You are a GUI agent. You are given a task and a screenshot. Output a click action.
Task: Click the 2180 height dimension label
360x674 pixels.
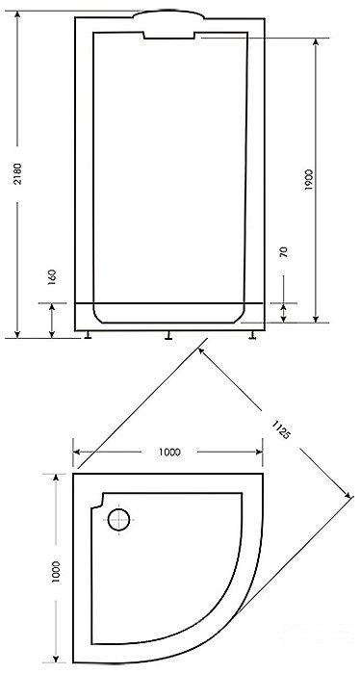pyautogui.click(x=17, y=173)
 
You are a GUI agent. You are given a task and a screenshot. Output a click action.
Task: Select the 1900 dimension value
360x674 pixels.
pyautogui.click(x=310, y=180)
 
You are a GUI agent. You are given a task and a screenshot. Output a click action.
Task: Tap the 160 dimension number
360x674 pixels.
pyautogui.click(x=52, y=277)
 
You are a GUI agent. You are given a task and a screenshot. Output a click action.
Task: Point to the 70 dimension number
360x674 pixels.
pyautogui.click(x=284, y=252)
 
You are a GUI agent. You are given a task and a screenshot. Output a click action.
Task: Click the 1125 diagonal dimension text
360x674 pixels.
pyautogui.click(x=280, y=429)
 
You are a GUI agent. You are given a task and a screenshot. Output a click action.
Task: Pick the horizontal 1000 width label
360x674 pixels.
pyautogui.click(x=169, y=452)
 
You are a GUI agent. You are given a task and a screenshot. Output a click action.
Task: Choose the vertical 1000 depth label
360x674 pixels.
pyautogui.click(x=56, y=572)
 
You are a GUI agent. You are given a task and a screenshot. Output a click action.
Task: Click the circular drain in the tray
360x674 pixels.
pyautogui.click(x=118, y=519)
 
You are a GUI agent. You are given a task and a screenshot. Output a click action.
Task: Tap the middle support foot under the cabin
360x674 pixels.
pyautogui.click(x=168, y=335)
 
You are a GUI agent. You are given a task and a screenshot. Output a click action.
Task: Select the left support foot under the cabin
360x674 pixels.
pyautogui.click(x=88, y=335)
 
